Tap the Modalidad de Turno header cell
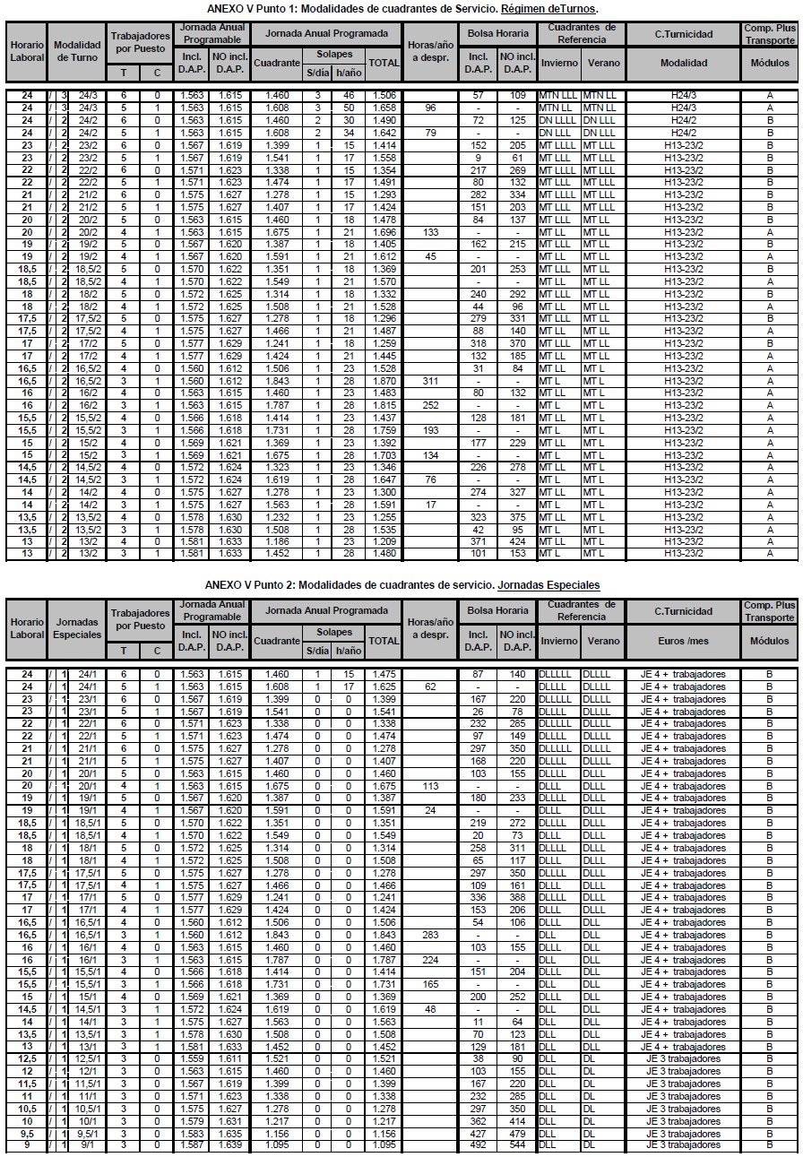(x=77, y=49)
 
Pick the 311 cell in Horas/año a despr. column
(x=430, y=381)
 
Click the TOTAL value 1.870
(x=384, y=381)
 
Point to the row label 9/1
(x=88, y=1144)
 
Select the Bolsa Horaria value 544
(x=515, y=1144)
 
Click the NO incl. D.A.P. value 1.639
(x=229, y=1144)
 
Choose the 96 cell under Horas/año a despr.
(x=430, y=108)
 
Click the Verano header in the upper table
(x=603, y=63)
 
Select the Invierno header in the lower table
(x=559, y=641)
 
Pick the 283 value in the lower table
(x=430, y=935)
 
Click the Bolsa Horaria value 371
(x=478, y=541)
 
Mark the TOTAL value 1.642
(x=384, y=133)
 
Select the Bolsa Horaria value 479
(x=515, y=1133)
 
